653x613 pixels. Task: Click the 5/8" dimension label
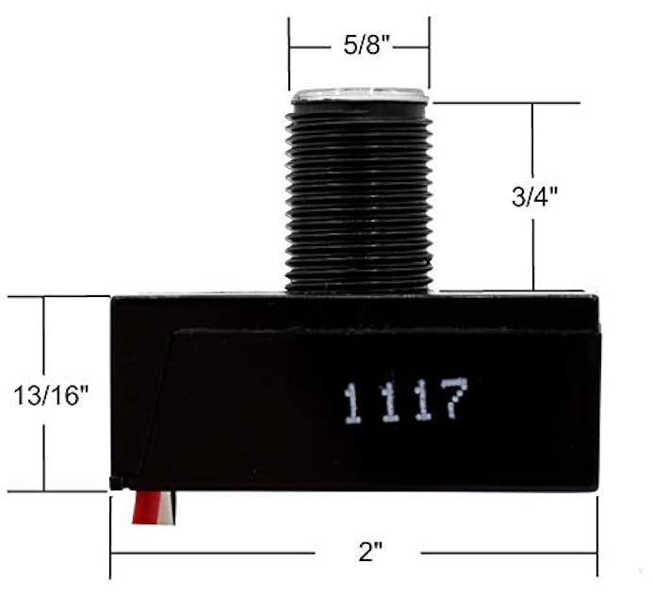pos(360,45)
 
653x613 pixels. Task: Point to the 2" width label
pos(370,552)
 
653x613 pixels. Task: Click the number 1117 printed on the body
pos(405,401)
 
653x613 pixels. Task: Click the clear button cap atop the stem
pos(360,95)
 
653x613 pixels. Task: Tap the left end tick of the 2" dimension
pos(111,553)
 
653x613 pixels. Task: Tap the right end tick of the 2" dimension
pos(596,553)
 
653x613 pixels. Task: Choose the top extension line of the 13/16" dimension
pos(57,296)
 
